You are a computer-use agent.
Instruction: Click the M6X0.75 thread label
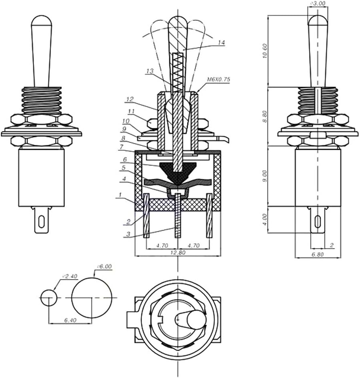tap(219, 80)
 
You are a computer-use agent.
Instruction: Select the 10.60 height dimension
tap(265, 51)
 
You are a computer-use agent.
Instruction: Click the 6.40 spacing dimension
tap(71, 320)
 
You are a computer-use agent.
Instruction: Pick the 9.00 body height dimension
tap(265, 175)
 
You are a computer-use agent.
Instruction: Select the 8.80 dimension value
tap(265, 116)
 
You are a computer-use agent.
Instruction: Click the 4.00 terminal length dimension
tap(265, 219)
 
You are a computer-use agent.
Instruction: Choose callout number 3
tap(128, 234)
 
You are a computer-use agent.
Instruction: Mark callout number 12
tap(129, 99)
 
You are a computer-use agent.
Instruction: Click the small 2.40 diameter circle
tap(49, 298)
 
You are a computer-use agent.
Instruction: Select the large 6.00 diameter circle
tap(92, 298)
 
